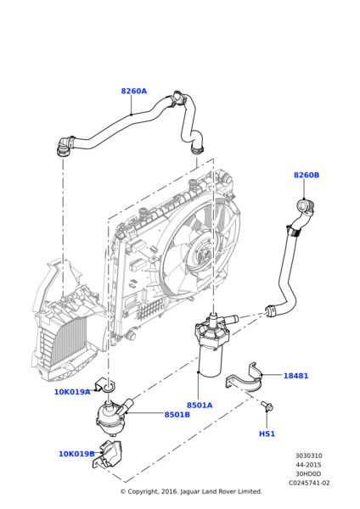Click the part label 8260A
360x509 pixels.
133,91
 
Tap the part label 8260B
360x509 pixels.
306,175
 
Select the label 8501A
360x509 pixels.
200,406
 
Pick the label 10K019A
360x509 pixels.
72,392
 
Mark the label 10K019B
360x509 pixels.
76,454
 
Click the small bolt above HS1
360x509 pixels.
267,406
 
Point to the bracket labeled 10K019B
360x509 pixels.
111,456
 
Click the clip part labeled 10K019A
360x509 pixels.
106,387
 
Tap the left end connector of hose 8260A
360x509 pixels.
62,148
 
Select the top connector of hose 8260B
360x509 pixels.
303,206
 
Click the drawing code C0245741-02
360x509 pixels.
309,483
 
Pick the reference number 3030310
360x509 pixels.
308,456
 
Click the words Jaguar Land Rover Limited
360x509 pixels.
221,492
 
